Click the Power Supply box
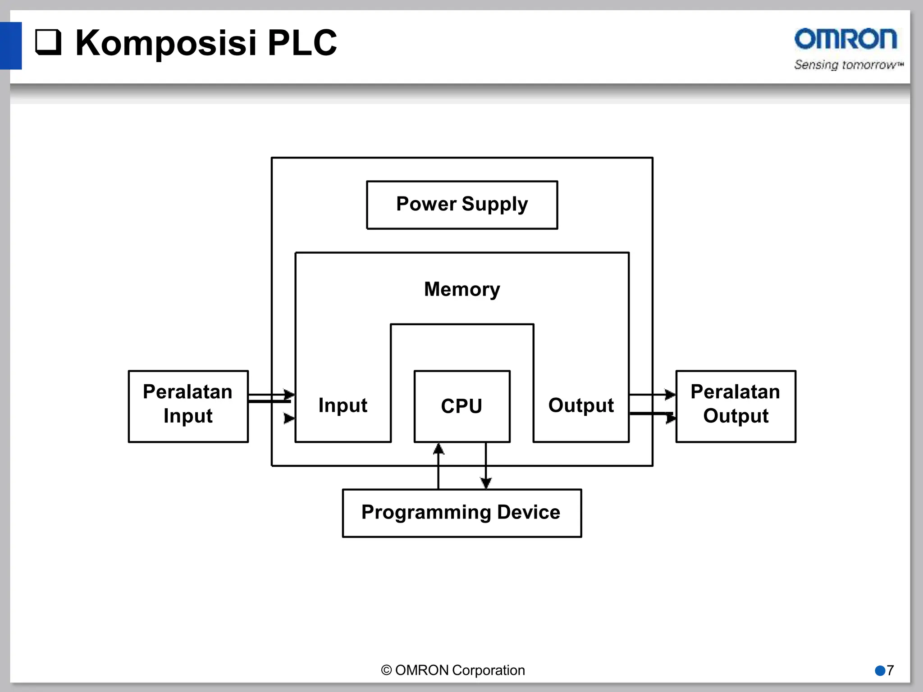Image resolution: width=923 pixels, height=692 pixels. click(x=462, y=205)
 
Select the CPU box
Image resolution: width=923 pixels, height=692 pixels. click(x=462, y=406)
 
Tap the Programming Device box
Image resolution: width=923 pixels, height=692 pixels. click(x=462, y=513)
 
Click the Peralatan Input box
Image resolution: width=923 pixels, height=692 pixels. click(x=188, y=406)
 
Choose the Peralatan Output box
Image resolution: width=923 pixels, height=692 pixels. click(x=736, y=406)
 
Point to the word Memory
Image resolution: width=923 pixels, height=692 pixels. click(x=462, y=289)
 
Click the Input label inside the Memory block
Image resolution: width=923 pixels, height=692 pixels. click(x=343, y=405)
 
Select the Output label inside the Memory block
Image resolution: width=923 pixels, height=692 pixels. click(x=581, y=405)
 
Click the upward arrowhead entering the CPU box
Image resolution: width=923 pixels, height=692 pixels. click(x=439, y=449)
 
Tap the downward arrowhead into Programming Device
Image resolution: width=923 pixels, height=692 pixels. click(x=486, y=483)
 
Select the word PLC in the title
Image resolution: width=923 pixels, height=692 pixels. click(x=302, y=43)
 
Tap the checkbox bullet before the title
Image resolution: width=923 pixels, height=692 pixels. click(x=48, y=42)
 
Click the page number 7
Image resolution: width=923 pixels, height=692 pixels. click(x=890, y=670)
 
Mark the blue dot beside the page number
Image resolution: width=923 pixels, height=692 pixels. click(x=880, y=671)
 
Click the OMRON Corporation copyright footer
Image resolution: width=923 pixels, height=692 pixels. click(x=453, y=670)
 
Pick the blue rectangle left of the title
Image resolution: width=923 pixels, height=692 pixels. click(x=11, y=46)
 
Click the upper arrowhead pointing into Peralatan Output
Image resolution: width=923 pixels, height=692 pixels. click(x=671, y=395)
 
